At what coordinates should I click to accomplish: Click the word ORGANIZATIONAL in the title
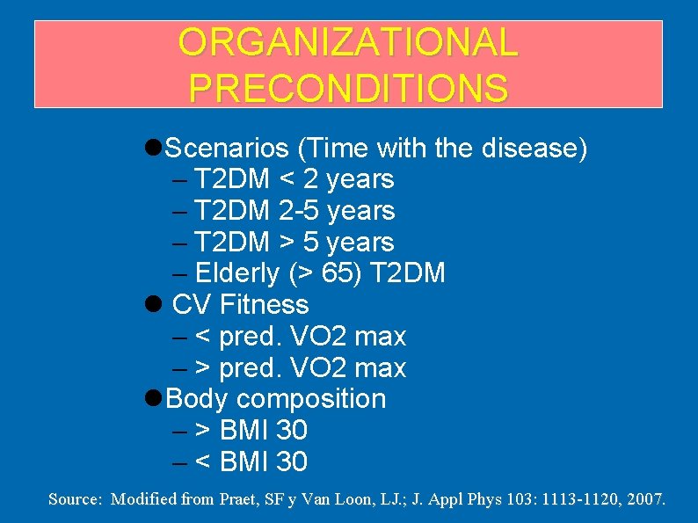pyautogui.click(x=348, y=44)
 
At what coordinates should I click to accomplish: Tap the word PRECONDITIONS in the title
pyautogui.click(x=348, y=88)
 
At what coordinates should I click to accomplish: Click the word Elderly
pyautogui.click(x=238, y=274)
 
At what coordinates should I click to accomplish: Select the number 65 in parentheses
pyautogui.click(x=338, y=274)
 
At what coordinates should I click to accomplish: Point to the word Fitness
pyautogui.click(x=265, y=305)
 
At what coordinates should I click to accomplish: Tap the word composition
pyautogui.click(x=311, y=399)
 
